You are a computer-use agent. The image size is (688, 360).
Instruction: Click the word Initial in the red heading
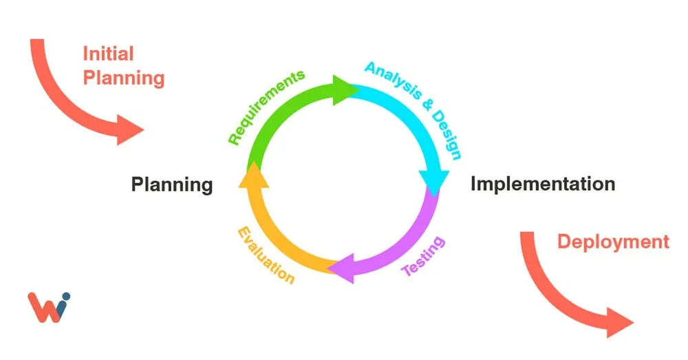coord(108,54)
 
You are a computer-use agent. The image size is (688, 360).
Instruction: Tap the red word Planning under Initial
coord(124,78)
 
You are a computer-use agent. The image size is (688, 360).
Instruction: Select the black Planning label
coord(172,184)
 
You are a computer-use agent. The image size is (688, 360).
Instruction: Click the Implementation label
coord(543,184)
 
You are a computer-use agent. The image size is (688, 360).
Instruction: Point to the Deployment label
coord(612,242)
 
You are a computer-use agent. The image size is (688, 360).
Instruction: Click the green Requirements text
coord(265,107)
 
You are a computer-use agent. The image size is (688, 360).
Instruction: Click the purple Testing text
coord(423,256)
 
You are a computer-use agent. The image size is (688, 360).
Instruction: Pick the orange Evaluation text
coord(266,255)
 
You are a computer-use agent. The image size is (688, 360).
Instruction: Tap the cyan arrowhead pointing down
coord(435,181)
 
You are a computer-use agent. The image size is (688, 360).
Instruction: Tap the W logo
coord(46,307)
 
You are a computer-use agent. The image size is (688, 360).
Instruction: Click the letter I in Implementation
coord(474,184)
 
